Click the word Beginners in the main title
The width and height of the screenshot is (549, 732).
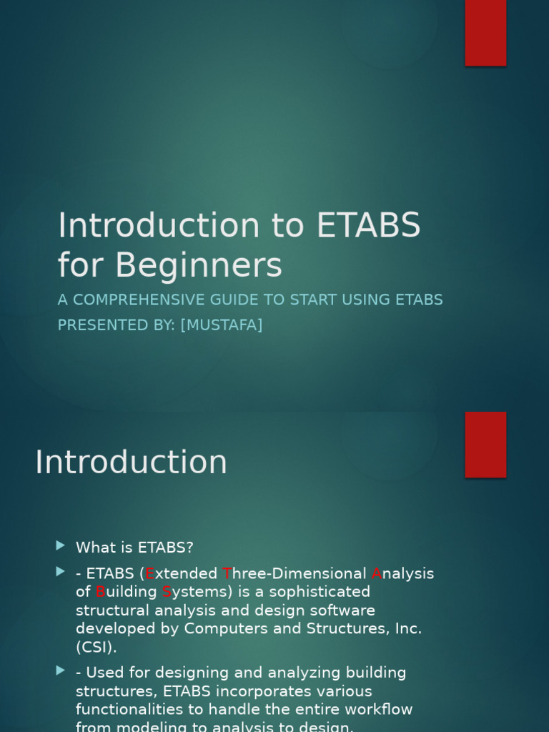198,266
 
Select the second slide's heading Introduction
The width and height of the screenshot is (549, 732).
131,463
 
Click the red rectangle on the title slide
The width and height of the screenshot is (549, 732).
485,32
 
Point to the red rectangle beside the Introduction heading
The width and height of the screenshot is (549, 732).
485,444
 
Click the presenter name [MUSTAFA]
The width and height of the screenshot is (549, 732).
222,325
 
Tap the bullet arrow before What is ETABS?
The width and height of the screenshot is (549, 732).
61,546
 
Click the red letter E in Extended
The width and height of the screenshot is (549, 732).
150,574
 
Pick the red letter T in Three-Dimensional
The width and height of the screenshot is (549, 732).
227,574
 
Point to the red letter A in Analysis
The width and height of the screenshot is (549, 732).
377,574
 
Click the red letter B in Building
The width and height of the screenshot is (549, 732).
100,593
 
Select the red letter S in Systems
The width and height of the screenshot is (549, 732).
167,593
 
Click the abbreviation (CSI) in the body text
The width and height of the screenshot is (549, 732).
97,648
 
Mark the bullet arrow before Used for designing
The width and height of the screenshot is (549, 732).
61,671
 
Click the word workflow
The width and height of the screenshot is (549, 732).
377,710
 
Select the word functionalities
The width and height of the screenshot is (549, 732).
127,710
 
